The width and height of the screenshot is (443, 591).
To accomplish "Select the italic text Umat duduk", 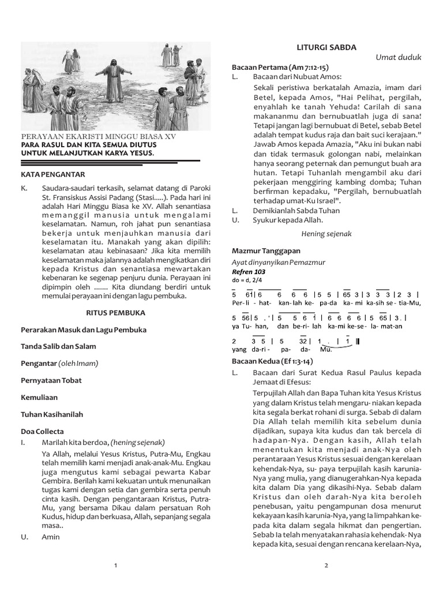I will pyautogui.click(x=399, y=57).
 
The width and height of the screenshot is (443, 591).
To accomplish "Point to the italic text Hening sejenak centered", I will pyautogui.click(x=326, y=234).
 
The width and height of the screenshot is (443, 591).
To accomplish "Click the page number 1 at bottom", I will pyautogui.click(x=116, y=566).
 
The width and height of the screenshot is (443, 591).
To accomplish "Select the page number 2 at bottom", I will pyautogui.click(x=326, y=566).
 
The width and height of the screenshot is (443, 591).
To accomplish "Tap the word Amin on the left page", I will pyautogui.click(x=51, y=536).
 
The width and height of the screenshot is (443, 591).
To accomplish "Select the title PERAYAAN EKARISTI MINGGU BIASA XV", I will pyautogui.click(x=98, y=137).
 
